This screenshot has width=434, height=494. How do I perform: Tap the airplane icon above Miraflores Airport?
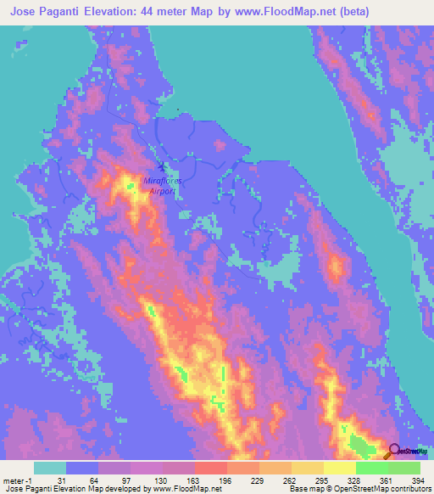coord(161,166)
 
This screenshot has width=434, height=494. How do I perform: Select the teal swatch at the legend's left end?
coord(50,468)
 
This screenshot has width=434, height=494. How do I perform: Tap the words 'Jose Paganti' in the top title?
coord(46,11)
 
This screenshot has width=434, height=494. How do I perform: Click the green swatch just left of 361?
coord(371,468)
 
